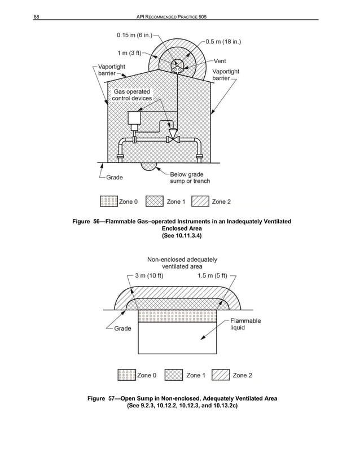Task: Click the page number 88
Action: point(36,18)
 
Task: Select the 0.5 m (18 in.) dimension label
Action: point(224,41)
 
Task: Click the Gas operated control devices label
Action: point(132,95)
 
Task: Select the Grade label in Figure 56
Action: point(115,177)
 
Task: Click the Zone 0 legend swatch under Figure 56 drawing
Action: point(108,201)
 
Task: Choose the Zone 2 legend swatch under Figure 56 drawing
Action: point(200,201)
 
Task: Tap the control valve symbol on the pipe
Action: point(173,138)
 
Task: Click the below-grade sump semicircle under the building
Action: point(149,167)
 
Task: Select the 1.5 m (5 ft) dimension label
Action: point(213,276)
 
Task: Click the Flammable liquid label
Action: point(245,324)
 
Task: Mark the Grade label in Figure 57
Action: point(122,328)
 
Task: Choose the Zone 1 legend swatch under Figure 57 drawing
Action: point(174,375)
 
